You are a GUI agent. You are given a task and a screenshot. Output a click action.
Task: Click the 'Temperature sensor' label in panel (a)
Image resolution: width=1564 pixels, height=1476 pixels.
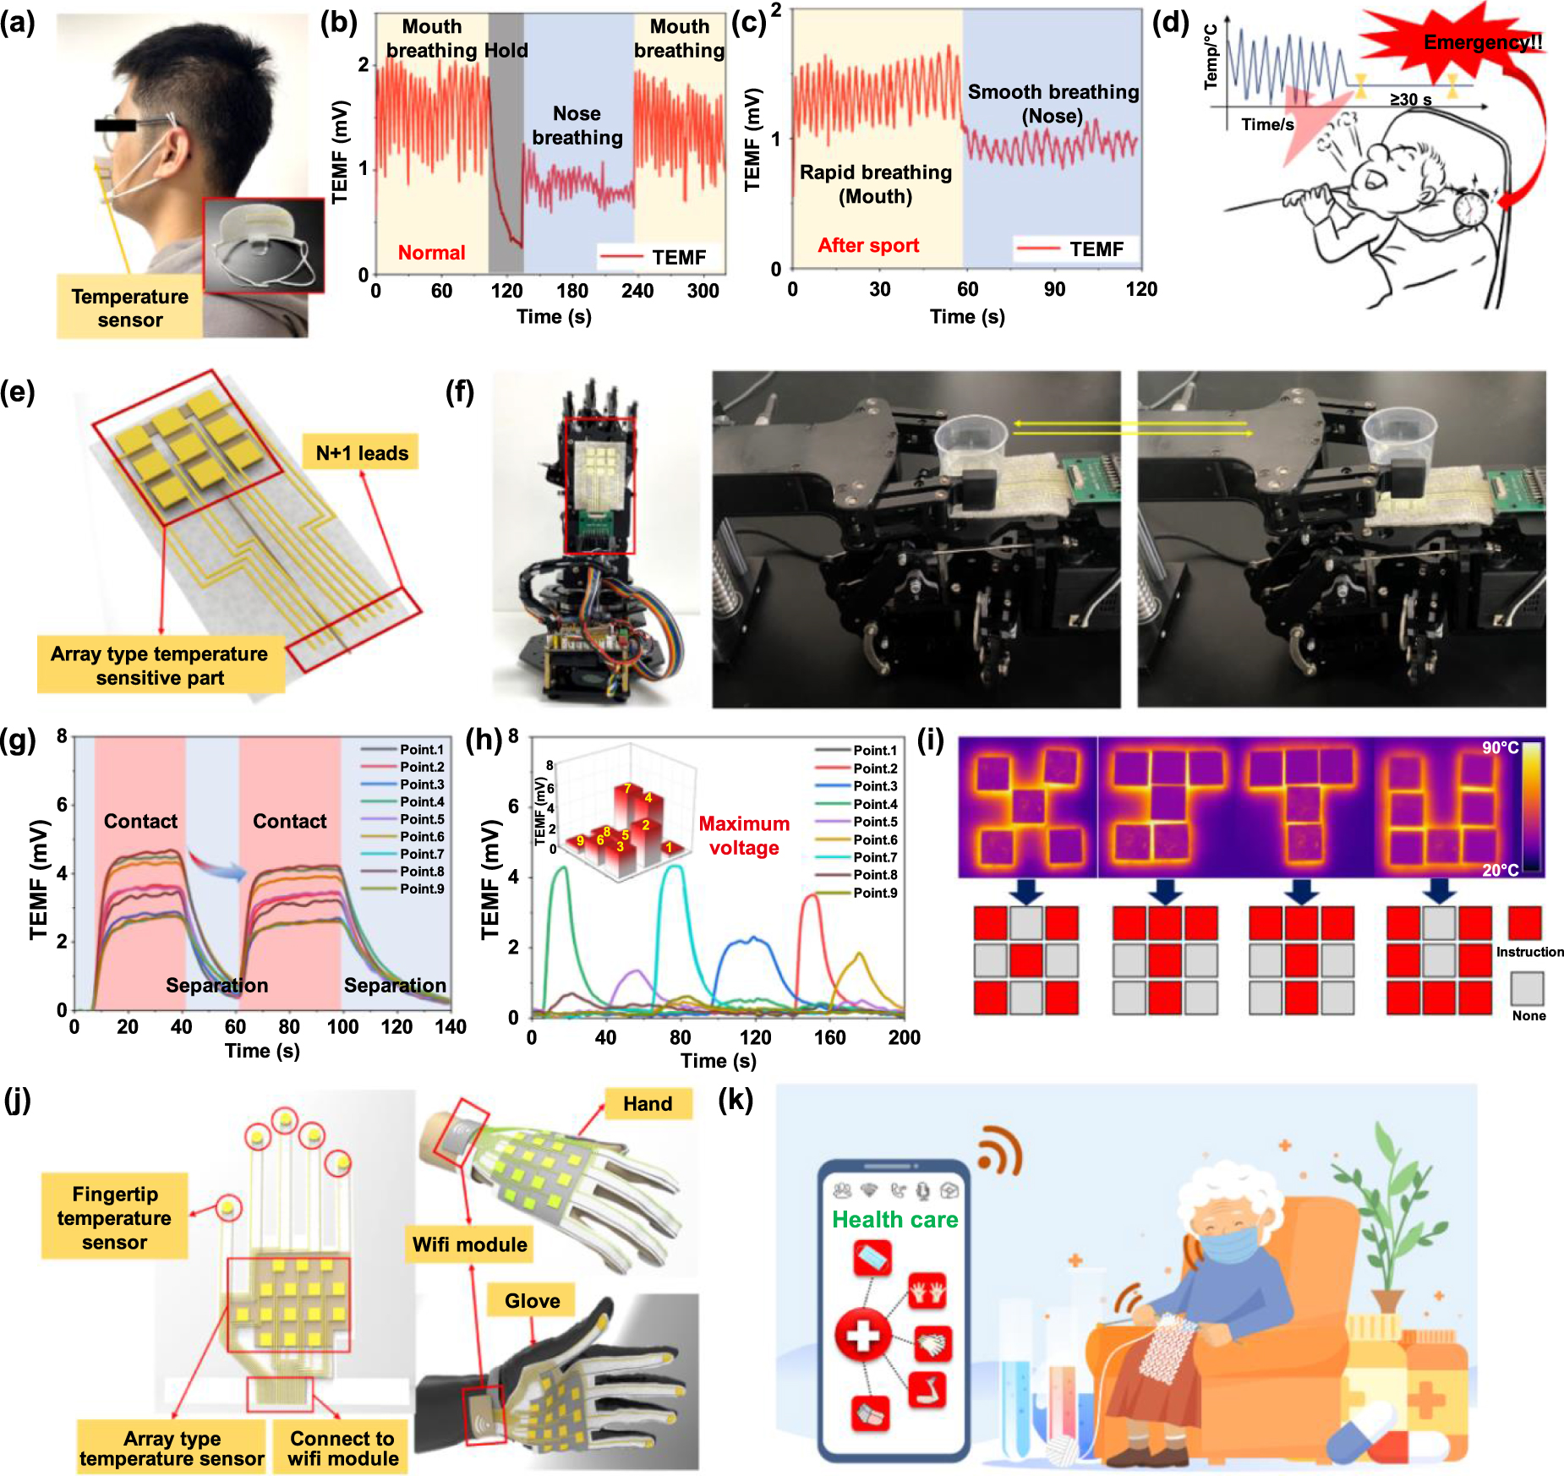click(x=129, y=308)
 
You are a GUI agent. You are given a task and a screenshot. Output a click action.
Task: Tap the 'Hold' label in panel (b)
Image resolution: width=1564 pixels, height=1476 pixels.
click(x=506, y=51)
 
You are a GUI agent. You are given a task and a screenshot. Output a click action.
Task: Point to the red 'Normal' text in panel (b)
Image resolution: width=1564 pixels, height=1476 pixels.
click(x=431, y=253)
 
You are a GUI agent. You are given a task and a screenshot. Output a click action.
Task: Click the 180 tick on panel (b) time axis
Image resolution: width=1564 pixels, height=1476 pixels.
click(x=572, y=292)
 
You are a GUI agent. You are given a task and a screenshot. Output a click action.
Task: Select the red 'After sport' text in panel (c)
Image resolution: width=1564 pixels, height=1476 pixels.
click(x=868, y=246)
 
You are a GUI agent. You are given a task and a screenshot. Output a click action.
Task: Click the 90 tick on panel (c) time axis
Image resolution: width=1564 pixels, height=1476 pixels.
click(x=1054, y=290)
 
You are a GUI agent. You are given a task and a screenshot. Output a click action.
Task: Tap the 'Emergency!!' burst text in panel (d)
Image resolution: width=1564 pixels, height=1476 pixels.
click(x=1483, y=42)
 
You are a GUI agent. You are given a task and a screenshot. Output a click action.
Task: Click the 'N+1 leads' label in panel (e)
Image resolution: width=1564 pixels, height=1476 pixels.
click(x=362, y=453)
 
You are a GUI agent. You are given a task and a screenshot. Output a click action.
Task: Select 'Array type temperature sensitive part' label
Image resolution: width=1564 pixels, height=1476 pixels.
click(x=159, y=666)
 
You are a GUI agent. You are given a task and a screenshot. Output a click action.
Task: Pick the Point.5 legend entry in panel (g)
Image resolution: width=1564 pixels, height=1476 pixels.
click(x=422, y=819)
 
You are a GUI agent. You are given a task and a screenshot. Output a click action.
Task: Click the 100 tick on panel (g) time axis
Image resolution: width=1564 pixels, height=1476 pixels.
click(x=342, y=1027)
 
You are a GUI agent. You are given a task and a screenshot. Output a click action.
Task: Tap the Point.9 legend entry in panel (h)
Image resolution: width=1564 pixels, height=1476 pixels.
click(x=875, y=893)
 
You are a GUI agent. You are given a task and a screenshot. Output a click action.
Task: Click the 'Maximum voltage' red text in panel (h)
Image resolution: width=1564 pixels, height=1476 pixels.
click(x=744, y=836)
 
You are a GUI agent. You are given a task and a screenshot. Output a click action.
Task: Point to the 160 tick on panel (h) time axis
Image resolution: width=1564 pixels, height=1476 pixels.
click(x=829, y=1037)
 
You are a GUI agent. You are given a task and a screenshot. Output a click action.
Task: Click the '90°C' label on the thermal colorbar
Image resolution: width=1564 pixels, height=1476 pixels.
click(x=1500, y=748)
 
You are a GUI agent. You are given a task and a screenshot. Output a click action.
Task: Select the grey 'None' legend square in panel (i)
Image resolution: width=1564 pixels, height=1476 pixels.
click(x=1528, y=988)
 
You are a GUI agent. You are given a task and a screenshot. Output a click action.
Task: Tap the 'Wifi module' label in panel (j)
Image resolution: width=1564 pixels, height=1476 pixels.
click(x=469, y=1244)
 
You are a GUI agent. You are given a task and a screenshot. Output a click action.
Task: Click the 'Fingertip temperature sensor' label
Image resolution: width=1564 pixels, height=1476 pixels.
click(x=114, y=1218)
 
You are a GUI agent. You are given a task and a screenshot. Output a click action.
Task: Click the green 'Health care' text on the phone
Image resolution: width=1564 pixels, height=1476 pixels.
click(x=894, y=1219)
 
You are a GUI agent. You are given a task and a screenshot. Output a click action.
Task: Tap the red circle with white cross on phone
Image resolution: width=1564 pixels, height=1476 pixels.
click(x=862, y=1337)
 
